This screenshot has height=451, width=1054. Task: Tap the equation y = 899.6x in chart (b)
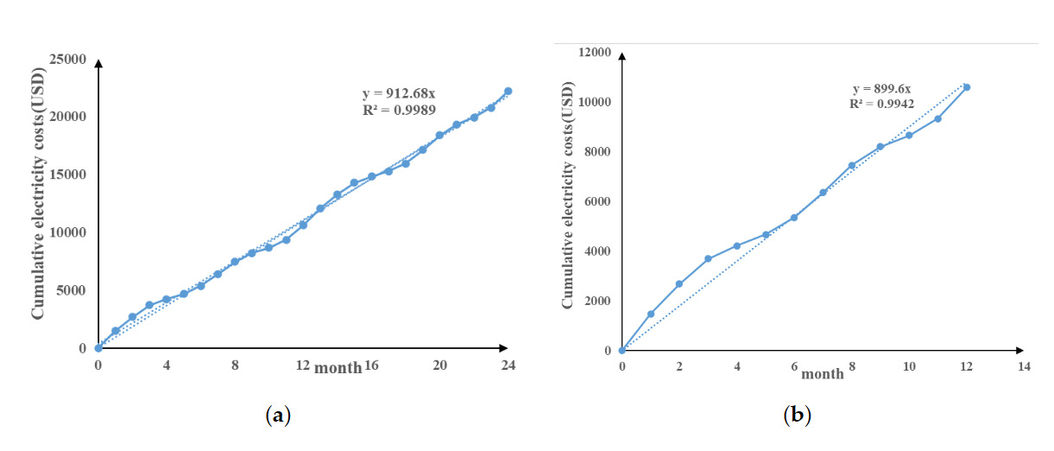pos(882,88)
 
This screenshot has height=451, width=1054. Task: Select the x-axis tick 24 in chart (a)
pos(508,365)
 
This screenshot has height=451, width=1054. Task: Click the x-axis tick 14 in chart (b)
pos(1024,366)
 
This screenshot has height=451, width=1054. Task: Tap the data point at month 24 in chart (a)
pos(508,91)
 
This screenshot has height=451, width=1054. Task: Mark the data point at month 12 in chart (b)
pos(967,87)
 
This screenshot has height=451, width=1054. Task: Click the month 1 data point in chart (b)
pos(651,314)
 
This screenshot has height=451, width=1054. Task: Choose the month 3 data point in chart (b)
pos(708,258)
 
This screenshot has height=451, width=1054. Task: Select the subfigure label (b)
pos(797,416)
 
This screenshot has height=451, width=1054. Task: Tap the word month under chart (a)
pos(338,368)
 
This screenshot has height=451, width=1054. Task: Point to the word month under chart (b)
pos(822,373)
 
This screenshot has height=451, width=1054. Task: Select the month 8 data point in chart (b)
pos(851,165)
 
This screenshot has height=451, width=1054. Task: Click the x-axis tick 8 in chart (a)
pos(235,365)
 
